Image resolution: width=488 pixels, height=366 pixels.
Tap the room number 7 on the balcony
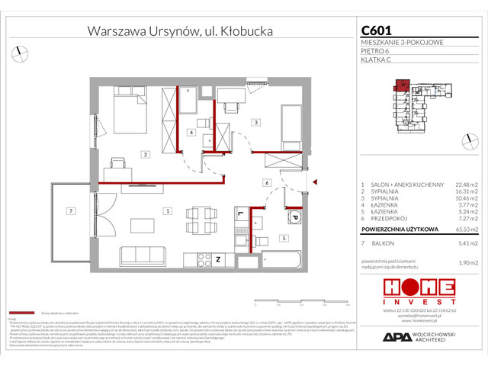(69, 210)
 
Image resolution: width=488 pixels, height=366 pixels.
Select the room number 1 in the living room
(167, 210)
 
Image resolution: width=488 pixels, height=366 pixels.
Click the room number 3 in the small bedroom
(257, 122)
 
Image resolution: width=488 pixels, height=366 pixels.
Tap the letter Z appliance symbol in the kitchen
(217, 259)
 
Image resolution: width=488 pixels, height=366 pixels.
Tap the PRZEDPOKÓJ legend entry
(389, 217)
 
